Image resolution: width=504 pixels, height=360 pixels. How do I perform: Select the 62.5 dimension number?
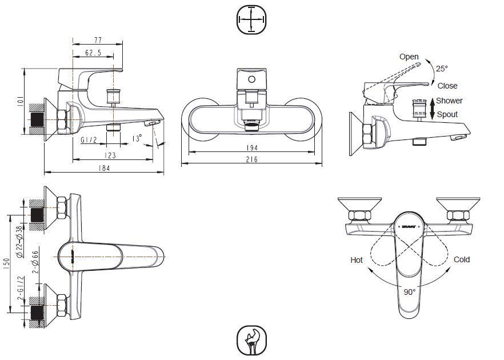pos(93,53)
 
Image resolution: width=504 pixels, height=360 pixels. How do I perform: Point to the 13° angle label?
pos(136,138)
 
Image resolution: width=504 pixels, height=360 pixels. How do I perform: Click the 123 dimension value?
pos(110,155)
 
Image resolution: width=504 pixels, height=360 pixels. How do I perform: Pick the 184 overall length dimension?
pos(104,168)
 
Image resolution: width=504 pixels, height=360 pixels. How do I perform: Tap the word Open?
pos(409,57)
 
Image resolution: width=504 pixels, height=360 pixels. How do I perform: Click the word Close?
pos(447,86)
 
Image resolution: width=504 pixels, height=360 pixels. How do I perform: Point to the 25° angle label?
pos(442,69)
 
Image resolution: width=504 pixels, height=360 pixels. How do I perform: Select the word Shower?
pos(450,101)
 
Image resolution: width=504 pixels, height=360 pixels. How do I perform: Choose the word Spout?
pos(447,114)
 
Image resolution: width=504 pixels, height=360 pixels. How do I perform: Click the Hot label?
pos(357,260)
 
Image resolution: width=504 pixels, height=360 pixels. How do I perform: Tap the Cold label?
pos(462,259)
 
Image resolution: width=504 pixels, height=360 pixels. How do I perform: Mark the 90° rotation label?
pos(409,291)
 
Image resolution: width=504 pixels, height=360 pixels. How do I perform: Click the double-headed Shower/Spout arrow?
pos(432,107)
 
